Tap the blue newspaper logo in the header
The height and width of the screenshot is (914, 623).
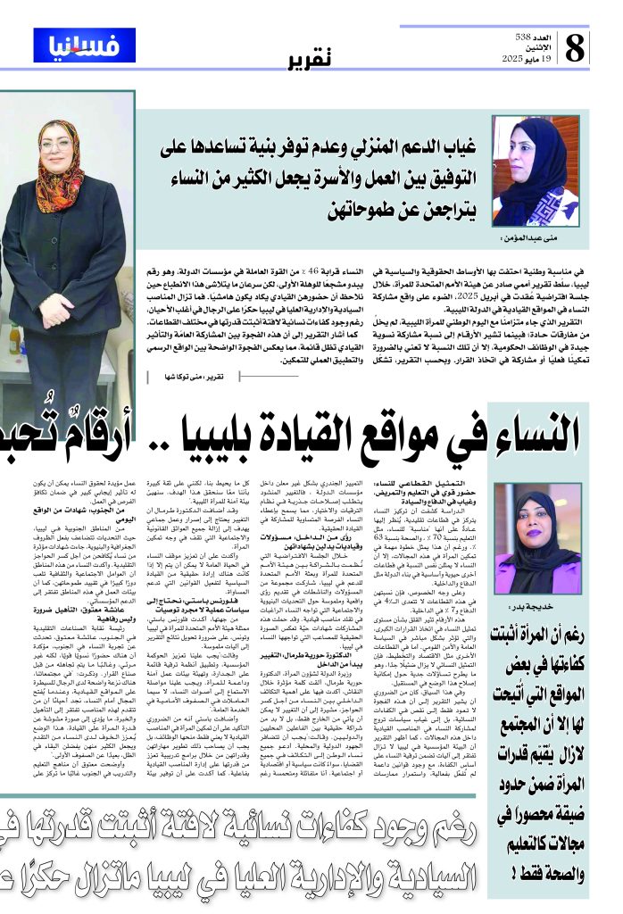coord(84,45)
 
